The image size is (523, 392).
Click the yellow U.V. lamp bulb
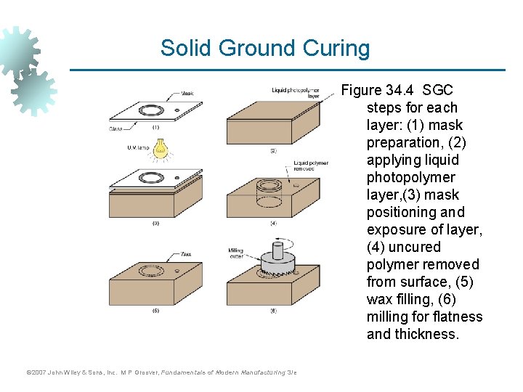pyautogui.click(x=160, y=149)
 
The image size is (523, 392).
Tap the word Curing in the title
pyautogui.click(x=336, y=49)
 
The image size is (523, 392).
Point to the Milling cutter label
pyautogui.click(x=236, y=253)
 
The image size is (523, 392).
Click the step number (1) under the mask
pyautogui.click(x=155, y=126)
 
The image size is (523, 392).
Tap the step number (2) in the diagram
pyautogui.click(x=273, y=151)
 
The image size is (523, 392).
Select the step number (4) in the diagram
pyautogui.click(x=273, y=224)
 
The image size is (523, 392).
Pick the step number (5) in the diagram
pyautogui.click(x=155, y=310)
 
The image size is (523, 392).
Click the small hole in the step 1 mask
pyautogui.click(x=178, y=110)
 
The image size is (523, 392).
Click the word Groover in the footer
pyautogui.click(x=145, y=372)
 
